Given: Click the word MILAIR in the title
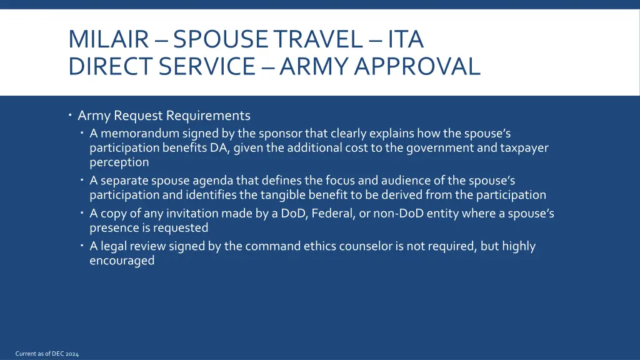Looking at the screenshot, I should pyautogui.click(x=108, y=39).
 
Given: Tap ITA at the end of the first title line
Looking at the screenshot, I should pyautogui.click(x=406, y=39).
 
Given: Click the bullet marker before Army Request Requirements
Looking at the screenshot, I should pyautogui.click(x=71, y=115).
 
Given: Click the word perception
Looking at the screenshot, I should pyautogui.click(x=119, y=162).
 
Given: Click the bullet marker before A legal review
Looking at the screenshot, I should pyautogui.click(x=82, y=246).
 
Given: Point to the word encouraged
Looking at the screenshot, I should pyautogui.click(x=121, y=261).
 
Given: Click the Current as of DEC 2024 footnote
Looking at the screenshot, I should pyautogui.click(x=47, y=354).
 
